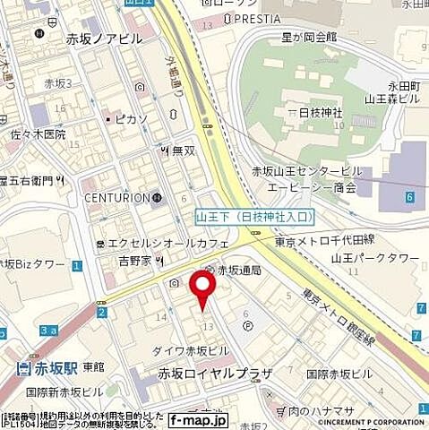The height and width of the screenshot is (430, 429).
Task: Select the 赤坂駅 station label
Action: coord(47,365)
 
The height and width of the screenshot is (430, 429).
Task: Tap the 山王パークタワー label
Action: coord(376,258)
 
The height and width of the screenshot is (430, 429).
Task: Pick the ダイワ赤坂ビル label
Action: coord(193,350)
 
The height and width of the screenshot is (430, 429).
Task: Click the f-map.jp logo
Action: coord(199,420)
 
